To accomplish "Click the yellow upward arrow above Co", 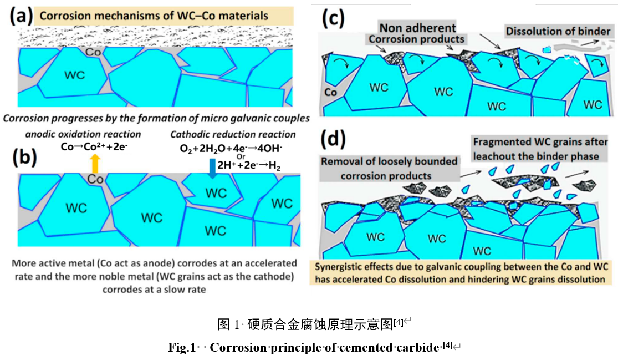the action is [95, 163].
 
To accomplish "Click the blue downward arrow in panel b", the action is [212, 168].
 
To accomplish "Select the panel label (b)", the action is [24, 157].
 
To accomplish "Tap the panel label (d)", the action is [334, 140].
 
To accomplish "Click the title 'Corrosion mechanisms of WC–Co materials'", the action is [154, 16].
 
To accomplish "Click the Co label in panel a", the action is [93, 52].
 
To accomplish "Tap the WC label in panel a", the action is [74, 75].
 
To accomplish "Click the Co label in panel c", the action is [330, 92].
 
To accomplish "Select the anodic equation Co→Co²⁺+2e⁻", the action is [94, 146].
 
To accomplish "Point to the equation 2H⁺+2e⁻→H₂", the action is [249, 165].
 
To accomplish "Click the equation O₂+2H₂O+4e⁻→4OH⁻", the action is [231, 148].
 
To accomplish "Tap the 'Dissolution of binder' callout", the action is [558, 31].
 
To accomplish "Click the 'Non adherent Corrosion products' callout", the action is [417, 33].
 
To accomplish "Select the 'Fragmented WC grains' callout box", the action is [540, 149].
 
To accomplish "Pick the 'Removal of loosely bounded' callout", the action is [389, 169].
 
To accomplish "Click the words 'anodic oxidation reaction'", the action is [83, 134].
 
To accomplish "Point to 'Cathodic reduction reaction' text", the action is [233, 134].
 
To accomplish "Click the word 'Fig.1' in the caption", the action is [182, 347].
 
